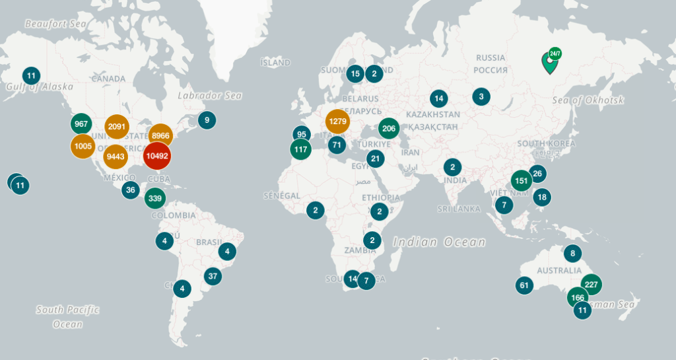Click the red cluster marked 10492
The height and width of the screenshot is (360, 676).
point(157,157)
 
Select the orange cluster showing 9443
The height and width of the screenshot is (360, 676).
point(115,157)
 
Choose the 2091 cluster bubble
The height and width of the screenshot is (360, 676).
point(117,127)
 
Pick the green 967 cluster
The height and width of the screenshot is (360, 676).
point(81,124)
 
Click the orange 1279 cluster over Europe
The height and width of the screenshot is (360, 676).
point(337,122)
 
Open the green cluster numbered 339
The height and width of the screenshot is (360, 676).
point(155,198)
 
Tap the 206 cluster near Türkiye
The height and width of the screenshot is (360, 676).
point(389,129)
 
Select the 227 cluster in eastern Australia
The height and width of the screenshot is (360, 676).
point(591,285)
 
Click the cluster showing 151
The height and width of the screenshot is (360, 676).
point(522,180)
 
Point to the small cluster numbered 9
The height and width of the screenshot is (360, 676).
point(207,120)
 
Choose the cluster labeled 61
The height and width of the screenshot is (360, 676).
point(524,285)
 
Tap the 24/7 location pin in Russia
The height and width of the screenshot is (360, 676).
point(549,63)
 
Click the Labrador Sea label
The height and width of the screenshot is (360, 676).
point(210,96)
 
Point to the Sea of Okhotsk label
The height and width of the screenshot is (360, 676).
point(588,100)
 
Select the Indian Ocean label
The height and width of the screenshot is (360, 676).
point(439,242)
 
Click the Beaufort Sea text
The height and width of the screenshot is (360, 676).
point(56,24)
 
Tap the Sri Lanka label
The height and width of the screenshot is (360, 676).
point(458,209)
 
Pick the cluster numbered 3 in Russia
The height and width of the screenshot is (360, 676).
point(481,96)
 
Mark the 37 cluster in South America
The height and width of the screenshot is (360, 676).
point(213,276)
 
